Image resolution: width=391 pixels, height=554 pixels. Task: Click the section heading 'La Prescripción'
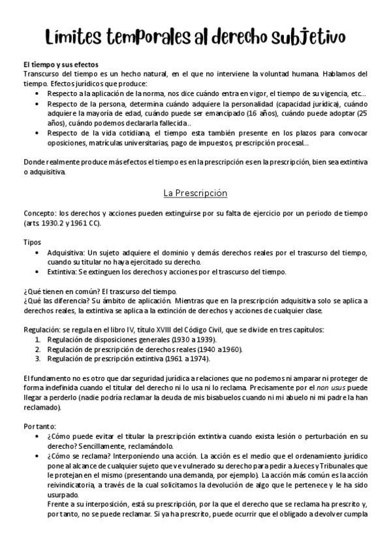click(x=195, y=193)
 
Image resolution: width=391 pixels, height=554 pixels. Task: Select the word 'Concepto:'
click(x=40, y=214)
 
